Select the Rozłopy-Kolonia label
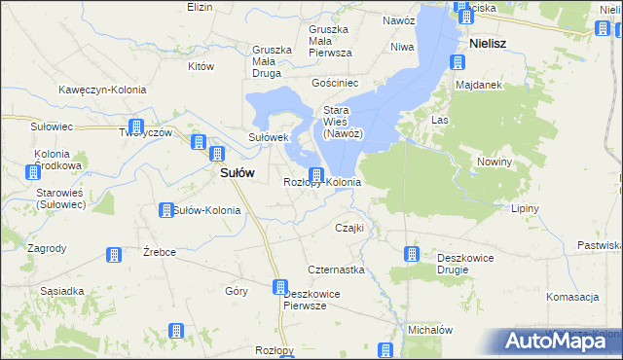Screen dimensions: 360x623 [322, 182]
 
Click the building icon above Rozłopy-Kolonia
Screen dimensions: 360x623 [316, 175]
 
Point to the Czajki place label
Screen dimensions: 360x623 [348, 228]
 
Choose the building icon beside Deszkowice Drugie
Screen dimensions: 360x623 [412, 255]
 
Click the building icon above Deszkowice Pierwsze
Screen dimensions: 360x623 [280, 287]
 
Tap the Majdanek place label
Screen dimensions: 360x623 [478, 86]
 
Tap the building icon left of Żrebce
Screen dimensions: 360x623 [113, 255]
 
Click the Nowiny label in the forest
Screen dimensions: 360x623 [494, 162]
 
